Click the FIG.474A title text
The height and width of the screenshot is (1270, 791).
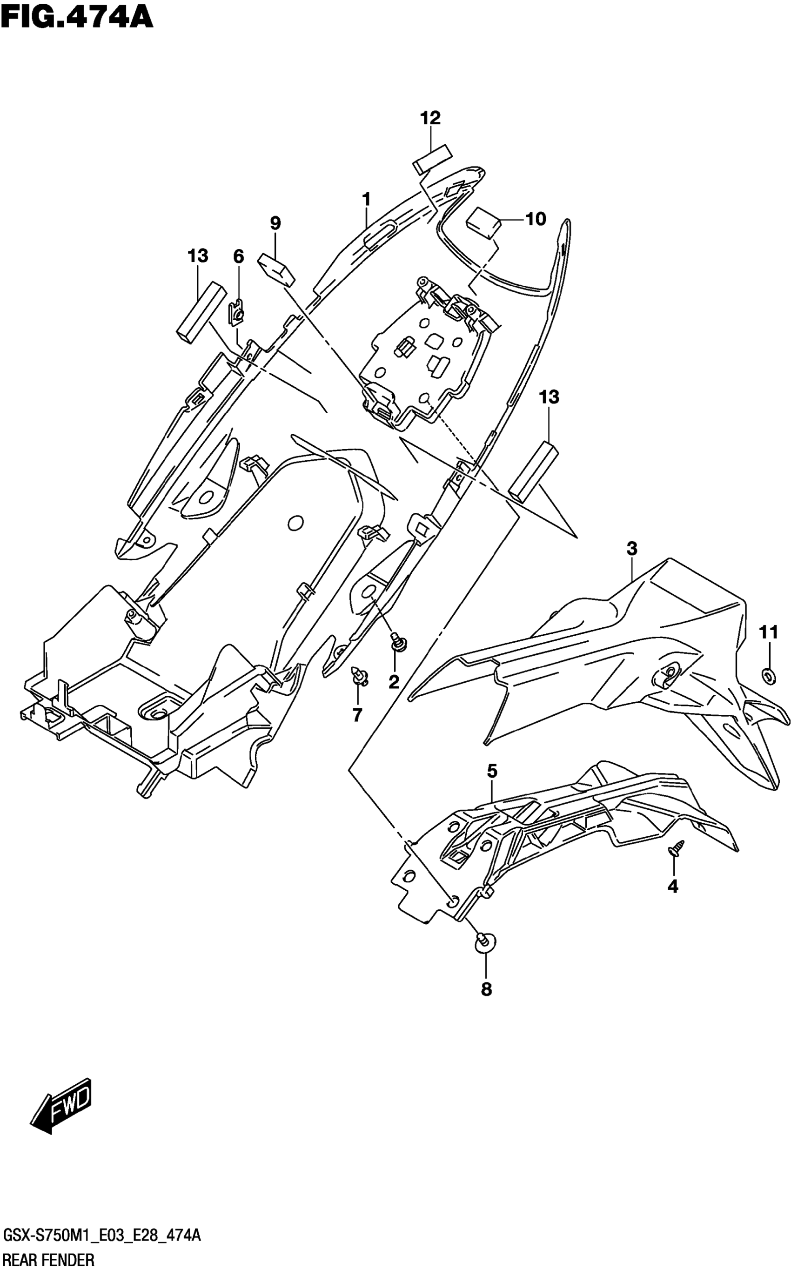(x=77, y=17)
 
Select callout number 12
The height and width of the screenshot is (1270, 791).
(x=430, y=118)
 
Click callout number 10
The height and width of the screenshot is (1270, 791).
(x=535, y=219)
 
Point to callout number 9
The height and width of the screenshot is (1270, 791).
(x=275, y=223)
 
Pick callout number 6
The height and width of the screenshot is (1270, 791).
(x=238, y=256)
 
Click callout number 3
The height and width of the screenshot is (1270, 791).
(x=632, y=549)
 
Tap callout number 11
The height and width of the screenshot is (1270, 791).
(x=769, y=633)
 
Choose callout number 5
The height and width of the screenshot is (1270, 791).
(x=492, y=771)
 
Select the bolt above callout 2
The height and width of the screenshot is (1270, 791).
(x=400, y=643)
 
